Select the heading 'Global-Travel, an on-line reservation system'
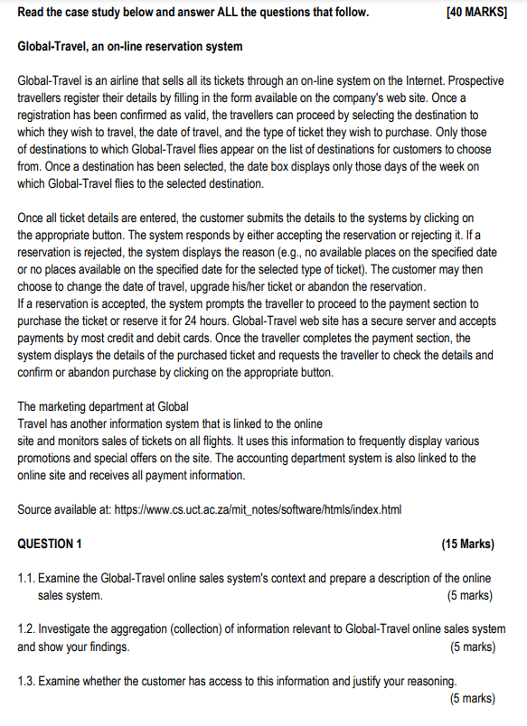(130, 45)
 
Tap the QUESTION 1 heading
(51, 544)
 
